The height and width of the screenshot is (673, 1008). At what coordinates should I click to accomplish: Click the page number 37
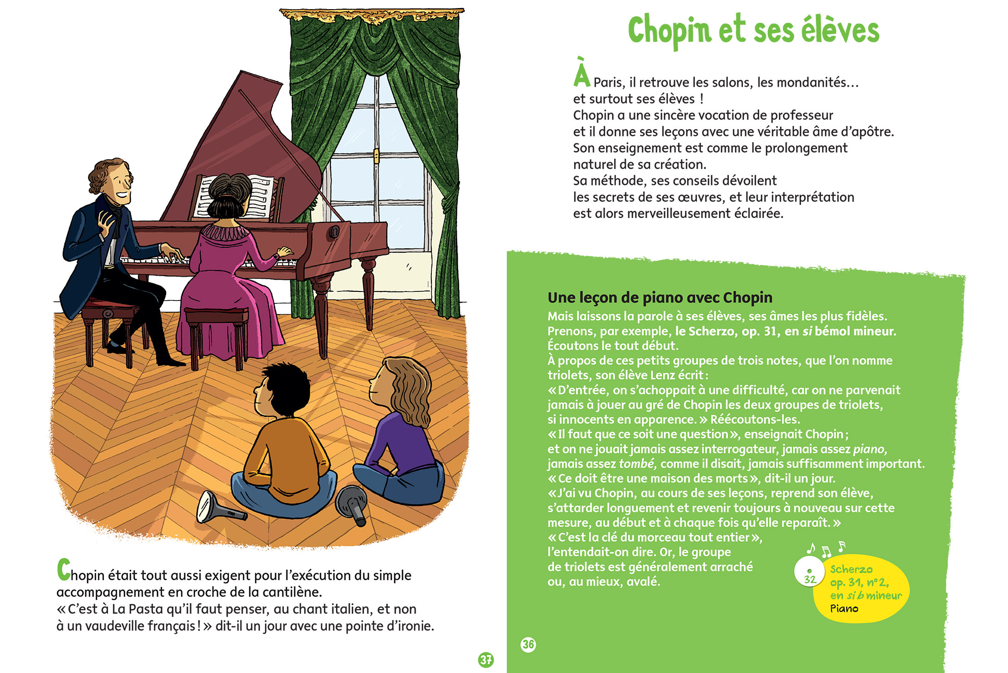coord(486,659)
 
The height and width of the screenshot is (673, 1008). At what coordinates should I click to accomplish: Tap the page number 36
coord(528,644)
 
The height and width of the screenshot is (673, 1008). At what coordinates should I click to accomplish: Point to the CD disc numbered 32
coord(809,571)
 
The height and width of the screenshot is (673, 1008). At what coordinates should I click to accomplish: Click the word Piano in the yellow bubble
coord(844,608)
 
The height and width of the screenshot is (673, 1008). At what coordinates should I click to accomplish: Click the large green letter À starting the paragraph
coord(582,73)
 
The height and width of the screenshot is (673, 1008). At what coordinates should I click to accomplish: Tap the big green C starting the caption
coord(63,570)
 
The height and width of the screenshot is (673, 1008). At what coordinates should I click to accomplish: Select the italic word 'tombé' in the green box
coord(637,464)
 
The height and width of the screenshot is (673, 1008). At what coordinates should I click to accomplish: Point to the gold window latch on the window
coord(376,155)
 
